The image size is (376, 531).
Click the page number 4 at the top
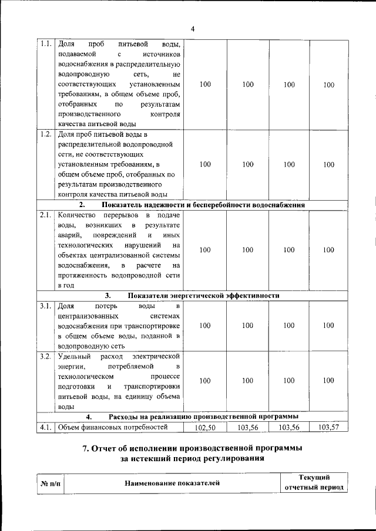tap(193, 29)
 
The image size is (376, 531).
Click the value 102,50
tap(205, 428)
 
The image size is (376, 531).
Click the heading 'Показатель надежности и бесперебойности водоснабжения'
tap(203, 205)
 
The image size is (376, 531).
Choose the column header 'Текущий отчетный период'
tap(314, 483)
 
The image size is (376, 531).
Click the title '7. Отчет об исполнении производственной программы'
tap(192, 449)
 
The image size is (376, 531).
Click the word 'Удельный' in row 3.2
tap(73, 356)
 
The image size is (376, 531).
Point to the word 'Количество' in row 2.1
tap(76, 215)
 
